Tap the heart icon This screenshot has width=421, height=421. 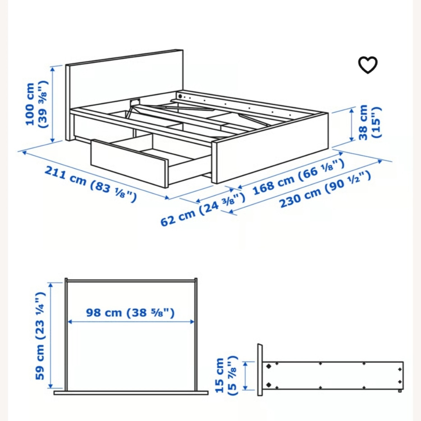point(368,65)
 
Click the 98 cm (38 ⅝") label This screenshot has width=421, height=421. point(130,312)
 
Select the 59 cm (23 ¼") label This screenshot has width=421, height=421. point(40,335)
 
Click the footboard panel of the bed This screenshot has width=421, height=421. point(269,160)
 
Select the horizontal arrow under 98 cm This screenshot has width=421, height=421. point(131,322)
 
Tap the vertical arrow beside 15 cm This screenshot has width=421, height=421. point(245,376)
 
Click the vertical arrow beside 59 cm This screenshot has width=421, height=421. point(51,335)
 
